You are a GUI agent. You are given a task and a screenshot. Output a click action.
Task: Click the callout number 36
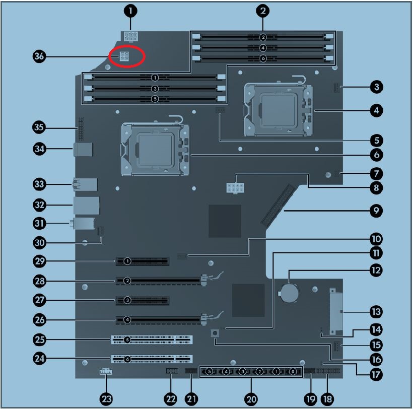point(39,56)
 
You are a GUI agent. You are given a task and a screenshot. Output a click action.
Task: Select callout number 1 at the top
point(130,11)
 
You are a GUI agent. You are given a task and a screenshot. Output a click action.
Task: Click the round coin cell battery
point(290,292)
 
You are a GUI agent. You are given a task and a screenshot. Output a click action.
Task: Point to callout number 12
point(376,270)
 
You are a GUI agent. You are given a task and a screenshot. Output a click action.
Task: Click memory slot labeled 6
point(263,58)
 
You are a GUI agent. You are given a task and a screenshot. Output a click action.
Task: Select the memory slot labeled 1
point(155,78)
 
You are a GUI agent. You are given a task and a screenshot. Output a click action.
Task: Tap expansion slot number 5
point(152,339)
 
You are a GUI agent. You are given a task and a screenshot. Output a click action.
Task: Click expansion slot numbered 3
point(143,300)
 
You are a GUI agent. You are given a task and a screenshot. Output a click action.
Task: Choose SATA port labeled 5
point(209,372)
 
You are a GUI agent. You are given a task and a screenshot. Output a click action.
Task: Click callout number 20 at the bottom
point(251,399)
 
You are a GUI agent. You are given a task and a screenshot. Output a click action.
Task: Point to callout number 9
point(376,211)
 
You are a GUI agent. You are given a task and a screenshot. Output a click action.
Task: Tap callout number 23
point(106,399)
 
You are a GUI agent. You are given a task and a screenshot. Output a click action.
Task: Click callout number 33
point(39,184)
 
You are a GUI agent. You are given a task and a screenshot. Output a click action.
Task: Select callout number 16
point(376,359)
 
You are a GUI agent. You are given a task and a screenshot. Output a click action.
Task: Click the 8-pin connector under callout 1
point(131,36)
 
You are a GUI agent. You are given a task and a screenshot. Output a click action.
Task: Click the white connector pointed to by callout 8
point(235,188)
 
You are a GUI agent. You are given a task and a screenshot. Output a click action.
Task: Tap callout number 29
point(39,261)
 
